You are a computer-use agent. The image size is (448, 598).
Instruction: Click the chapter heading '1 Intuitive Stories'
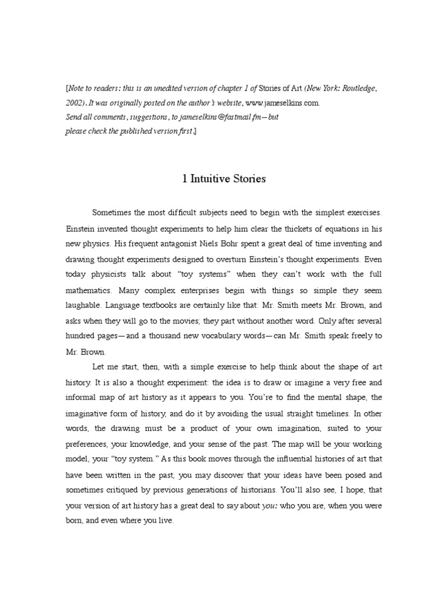click(x=224, y=179)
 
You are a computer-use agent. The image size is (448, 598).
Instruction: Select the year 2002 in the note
click(x=73, y=103)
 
